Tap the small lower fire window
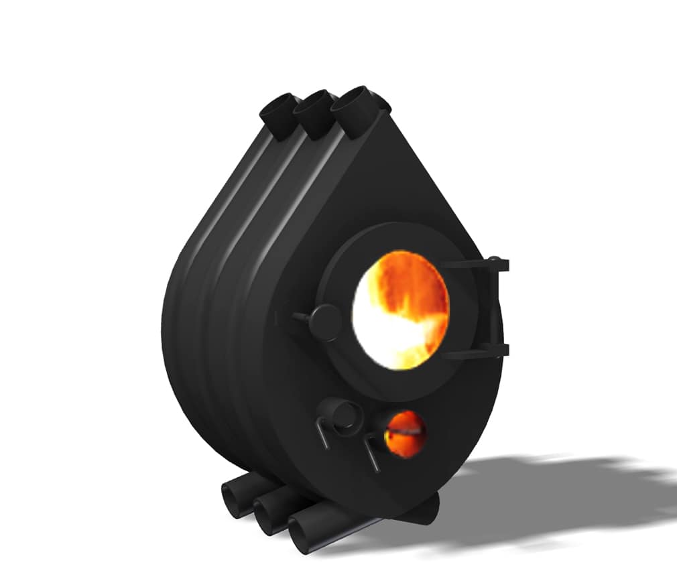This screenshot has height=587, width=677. pyautogui.click(x=404, y=434)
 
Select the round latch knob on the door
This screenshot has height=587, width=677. pyautogui.click(x=325, y=322)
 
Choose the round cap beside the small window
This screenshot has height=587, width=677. pyautogui.click(x=338, y=415)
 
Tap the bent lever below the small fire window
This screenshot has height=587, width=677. pyautogui.click(x=370, y=452)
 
